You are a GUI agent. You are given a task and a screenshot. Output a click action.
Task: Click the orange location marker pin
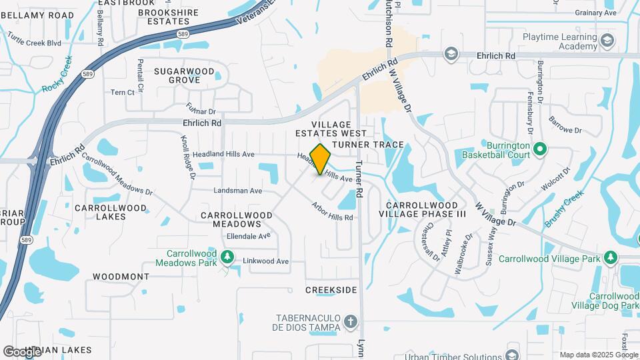pos(321,159)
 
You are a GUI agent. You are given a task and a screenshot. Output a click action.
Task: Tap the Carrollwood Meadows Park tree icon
pos(227,256)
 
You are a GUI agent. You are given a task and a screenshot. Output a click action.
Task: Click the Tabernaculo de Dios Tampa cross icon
pos(349,323)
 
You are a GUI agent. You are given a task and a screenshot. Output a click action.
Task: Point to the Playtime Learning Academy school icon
pos(607,41)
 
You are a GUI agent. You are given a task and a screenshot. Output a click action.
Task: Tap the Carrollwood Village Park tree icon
pos(610,258)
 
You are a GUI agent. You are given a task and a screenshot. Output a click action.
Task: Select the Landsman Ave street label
pos(237,191)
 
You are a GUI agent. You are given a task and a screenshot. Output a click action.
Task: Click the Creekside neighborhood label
pos(331,290)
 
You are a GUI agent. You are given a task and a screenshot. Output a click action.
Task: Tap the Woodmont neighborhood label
pos(121,276)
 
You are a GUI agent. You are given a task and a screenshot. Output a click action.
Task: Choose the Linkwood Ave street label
pos(265,261)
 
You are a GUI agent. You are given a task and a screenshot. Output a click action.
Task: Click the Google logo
pos(22,351)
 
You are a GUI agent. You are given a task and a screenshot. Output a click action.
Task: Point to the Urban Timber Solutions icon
pos(512,354)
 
